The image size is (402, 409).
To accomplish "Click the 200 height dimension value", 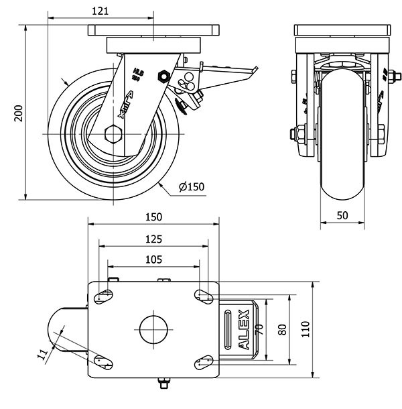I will (19, 115).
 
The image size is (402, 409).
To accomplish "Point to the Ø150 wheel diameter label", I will (191, 186).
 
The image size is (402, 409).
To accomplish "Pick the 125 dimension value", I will (153, 239).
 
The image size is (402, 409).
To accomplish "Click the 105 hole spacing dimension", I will (153, 260).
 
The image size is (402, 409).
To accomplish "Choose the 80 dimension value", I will (283, 329).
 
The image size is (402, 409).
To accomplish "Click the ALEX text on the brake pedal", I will (245, 331).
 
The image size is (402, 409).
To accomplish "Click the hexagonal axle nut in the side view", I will (113, 133).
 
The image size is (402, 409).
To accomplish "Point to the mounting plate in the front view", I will (342, 31).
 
